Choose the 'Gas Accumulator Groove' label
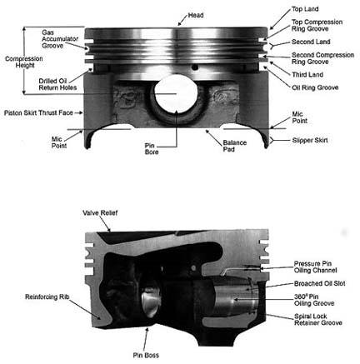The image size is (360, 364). (62, 39)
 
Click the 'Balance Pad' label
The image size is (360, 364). (235, 147)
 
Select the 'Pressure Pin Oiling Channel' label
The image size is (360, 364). (316, 268)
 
